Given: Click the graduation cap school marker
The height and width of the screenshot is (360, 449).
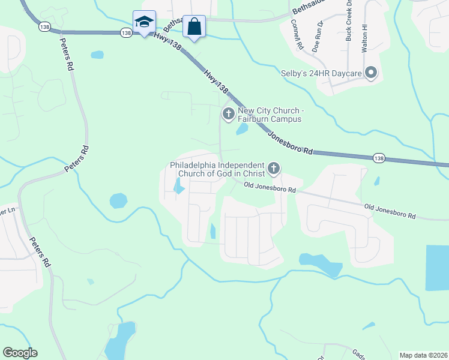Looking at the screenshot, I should click(144, 23).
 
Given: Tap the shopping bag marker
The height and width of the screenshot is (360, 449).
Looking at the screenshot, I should click(194, 27).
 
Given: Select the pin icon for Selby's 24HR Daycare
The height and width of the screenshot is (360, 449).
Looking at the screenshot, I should click(371, 74).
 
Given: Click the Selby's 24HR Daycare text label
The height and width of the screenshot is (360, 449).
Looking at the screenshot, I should click(321, 74).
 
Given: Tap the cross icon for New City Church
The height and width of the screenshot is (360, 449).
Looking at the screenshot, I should click(228, 113).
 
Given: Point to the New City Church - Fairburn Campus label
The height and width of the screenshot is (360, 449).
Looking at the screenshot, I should click(270, 115).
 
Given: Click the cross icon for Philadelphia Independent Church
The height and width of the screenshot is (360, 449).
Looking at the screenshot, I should click(274, 169).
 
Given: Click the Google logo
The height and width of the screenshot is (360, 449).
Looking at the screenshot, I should click(20, 353).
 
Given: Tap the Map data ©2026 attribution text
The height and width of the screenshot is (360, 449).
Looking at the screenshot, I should click(423, 355).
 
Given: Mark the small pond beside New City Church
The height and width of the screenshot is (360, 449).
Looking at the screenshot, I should click(242, 128).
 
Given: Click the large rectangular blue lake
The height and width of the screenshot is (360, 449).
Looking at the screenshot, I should click(437, 268).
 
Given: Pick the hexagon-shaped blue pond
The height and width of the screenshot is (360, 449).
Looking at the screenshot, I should click(118, 200).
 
